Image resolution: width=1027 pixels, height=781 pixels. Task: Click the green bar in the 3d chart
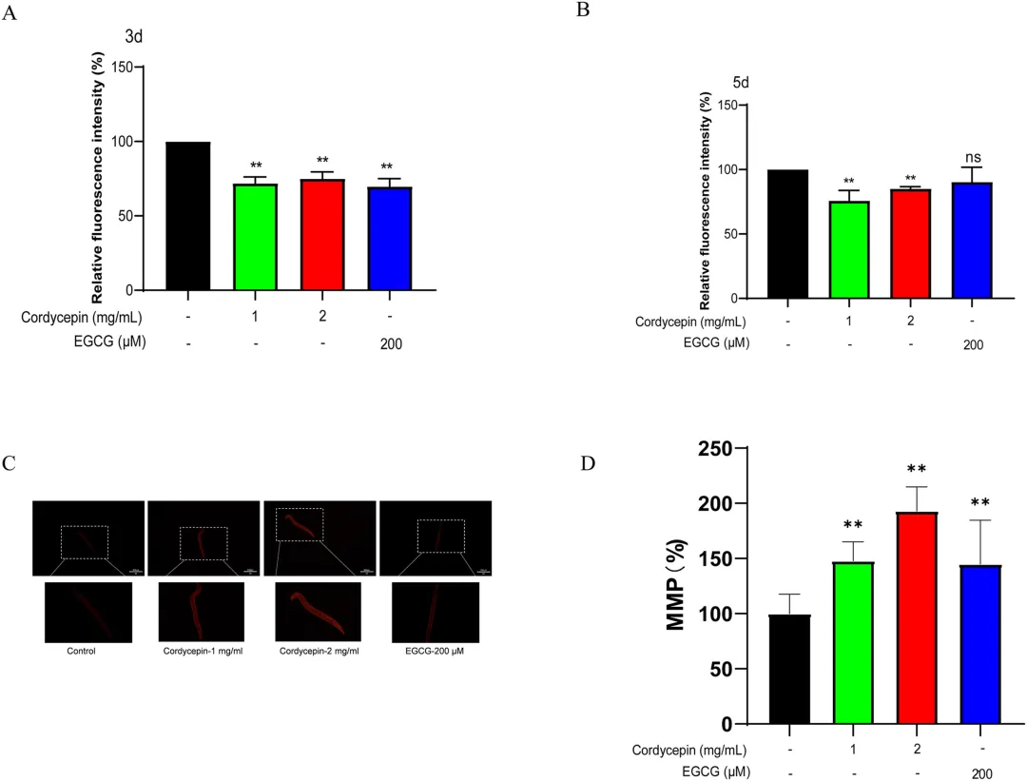click(255, 237)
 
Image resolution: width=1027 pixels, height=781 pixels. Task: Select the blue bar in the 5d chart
click(966, 241)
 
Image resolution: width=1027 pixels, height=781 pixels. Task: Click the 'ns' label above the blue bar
click(966, 157)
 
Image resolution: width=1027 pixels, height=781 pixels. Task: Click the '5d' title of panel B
click(741, 83)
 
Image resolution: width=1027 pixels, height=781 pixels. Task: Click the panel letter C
click(10, 463)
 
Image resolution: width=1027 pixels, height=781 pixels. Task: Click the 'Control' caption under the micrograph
click(81, 652)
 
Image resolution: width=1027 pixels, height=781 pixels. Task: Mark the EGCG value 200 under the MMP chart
click(982, 772)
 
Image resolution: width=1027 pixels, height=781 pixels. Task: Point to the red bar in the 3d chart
click(323, 234)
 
